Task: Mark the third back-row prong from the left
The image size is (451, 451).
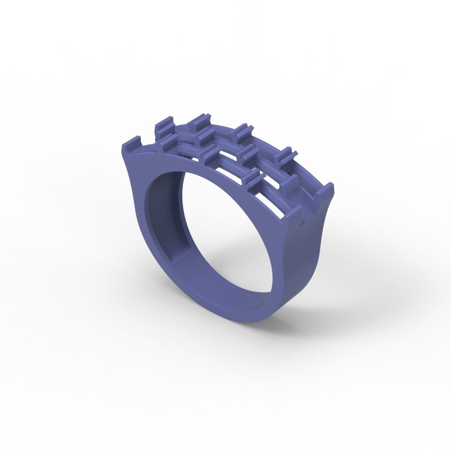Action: tap(242, 130)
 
